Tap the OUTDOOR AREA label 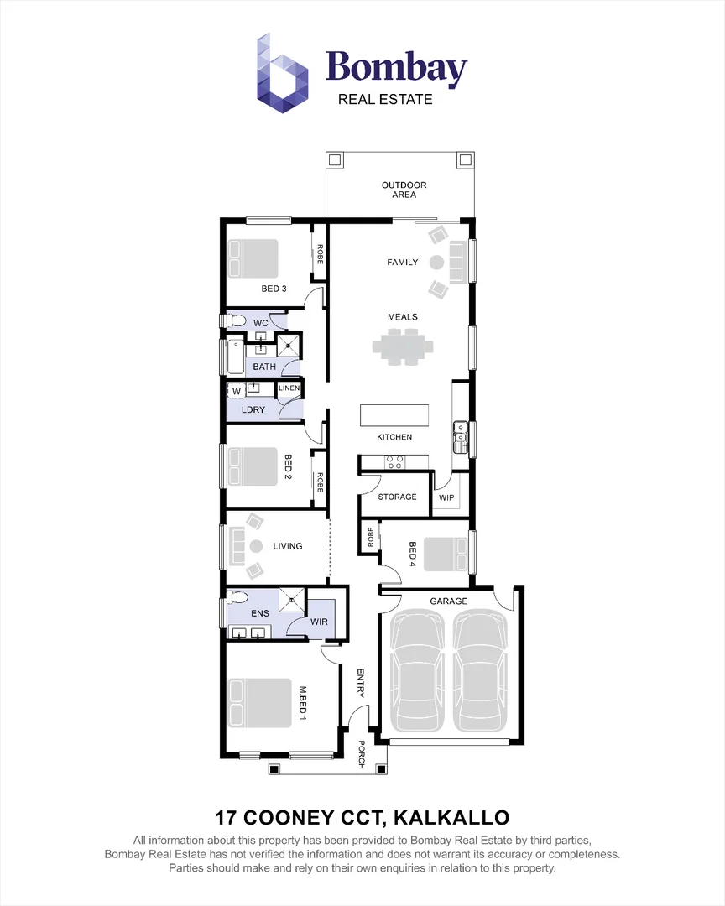pyautogui.click(x=404, y=190)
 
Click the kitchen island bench pyautogui.click(x=394, y=415)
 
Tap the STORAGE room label pyautogui.click(x=397, y=497)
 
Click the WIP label pyautogui.click(x=446, y=497)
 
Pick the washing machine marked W pyautogui.click(x=236, y=390)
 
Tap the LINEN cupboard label pyautogui.click(x=289, y=388)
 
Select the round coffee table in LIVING pyautogui.click(x=254, y=547)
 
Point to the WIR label pyautogui.click(x=319, y=622)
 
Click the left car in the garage pyautogui.click(x=417, y=671)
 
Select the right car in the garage pyautogui.click(x=481, y=671)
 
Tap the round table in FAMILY pyautogui.click(x=436, y=263)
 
